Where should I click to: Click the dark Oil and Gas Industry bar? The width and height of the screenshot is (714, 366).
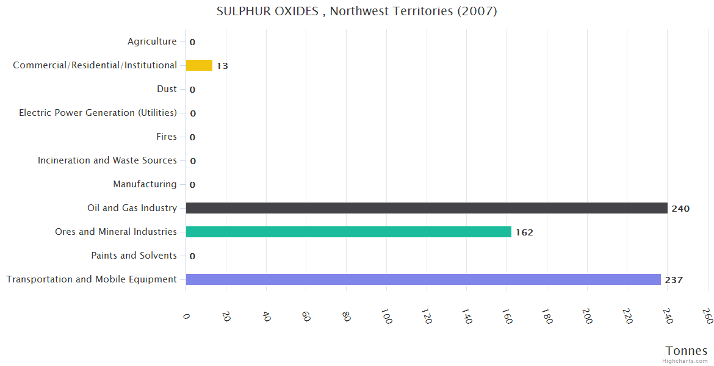[x=426, y=208]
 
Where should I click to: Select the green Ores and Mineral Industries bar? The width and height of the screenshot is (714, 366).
[x=348, y=232]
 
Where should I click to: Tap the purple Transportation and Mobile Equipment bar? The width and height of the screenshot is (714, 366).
[x=423, y=279]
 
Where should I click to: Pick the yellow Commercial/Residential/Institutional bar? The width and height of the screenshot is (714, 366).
[x=199, y=65]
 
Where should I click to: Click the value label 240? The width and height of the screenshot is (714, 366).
[x=680, y=209]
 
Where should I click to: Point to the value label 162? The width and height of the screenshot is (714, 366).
[x=524, y=232]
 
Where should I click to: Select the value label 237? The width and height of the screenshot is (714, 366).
[x=674, y=280]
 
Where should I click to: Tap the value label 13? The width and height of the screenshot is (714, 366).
[x=222, y=66]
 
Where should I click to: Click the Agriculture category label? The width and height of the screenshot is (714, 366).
[x=152, y=41]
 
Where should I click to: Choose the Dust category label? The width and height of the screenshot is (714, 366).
[x=167, y=89]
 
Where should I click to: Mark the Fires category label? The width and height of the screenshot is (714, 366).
[x=167, y=137]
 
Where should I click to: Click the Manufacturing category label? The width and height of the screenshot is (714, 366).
[x=145, y=184]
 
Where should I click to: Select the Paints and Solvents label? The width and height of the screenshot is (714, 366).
[x=134, y=256]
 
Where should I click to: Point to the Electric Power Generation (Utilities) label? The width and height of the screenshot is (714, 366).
[x=98, y=113]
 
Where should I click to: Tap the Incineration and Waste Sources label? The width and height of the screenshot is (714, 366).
[x=107, y=160]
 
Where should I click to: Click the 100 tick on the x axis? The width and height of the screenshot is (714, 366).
[x=386, y=317]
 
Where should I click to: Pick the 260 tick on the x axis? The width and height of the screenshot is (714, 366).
[x=707, y=316]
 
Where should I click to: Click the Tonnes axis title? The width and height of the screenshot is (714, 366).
[x=686, y=351]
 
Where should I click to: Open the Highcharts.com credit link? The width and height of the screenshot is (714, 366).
[x=685, y=361]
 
